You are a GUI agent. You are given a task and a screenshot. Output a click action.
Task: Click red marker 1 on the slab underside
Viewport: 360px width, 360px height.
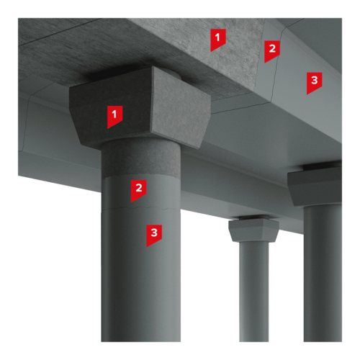tap(218, 40)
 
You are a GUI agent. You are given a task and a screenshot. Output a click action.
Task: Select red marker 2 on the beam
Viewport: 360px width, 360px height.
tap(272, 51)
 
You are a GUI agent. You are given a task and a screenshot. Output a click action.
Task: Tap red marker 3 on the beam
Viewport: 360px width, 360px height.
tap(314, 83)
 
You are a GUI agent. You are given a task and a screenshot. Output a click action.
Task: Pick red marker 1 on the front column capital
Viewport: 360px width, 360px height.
tap(114, 117)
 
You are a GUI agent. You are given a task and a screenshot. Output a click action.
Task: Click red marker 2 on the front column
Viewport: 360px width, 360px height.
tap(138, 191)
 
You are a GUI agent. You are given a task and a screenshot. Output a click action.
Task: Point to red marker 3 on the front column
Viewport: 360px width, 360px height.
tap(154, 235)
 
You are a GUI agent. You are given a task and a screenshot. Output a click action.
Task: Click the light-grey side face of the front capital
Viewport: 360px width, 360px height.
tap(181, 108)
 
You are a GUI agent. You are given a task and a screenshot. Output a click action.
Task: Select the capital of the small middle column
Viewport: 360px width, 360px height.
tap(253, 230)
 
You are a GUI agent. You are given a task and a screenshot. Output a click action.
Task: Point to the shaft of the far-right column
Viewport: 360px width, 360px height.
tap(323, 274)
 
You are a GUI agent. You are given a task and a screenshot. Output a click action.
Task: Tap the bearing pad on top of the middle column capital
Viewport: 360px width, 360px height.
tap(253, 217)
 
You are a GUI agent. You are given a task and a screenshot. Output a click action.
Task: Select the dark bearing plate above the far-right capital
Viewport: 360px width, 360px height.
tap(323, 166)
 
